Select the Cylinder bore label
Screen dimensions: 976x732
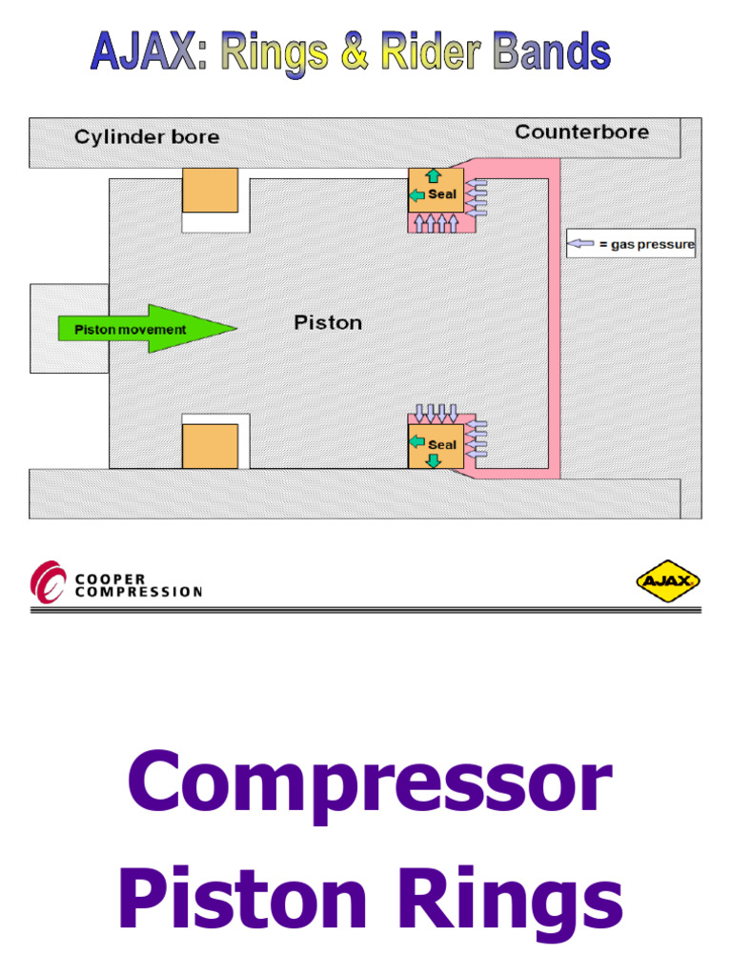tap(147, 137)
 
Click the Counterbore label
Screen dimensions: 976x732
tap(581, 132)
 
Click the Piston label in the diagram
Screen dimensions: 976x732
tap(327, 323)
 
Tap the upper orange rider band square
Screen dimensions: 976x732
tap(210, 190)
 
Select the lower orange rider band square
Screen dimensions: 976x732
tap(210, 446)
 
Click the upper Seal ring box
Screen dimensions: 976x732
tap(436, 191)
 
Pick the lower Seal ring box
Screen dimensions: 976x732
tap(436, 445)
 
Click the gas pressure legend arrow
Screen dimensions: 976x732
tap(580, 244)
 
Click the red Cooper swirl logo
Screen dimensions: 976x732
tap(48, 582)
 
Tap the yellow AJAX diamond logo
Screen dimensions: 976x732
tap(668, 580)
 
